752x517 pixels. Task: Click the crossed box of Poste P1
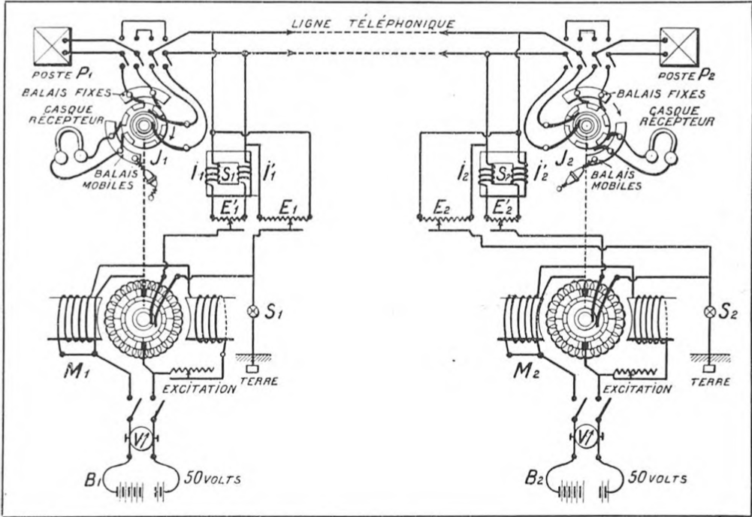(x=52, y=46)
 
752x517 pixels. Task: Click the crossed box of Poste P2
(x=678, y=47)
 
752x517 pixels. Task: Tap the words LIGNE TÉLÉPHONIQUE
(x=373, y=23)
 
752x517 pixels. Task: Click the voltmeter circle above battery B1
(x=140, y=437)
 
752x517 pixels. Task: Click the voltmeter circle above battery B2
(x=585, y=437)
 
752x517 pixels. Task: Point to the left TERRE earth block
(x=252, y=369)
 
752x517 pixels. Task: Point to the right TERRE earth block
(x=709, y=369)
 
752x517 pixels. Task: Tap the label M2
(x=526, y=370)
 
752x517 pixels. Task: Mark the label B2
(x=533, y=478)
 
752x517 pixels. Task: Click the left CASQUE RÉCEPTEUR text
(x=67, y=115)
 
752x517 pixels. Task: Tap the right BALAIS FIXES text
(x=661, y=94)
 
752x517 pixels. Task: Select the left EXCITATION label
(x=200, y=389)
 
